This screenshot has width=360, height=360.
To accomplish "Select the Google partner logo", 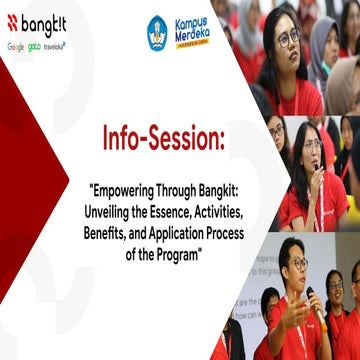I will click(16, 46).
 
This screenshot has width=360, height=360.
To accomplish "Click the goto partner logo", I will click(35, 46).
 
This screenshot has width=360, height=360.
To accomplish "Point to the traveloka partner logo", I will click(54, 46).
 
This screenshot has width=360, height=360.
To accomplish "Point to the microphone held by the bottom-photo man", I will click(314, 298).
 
